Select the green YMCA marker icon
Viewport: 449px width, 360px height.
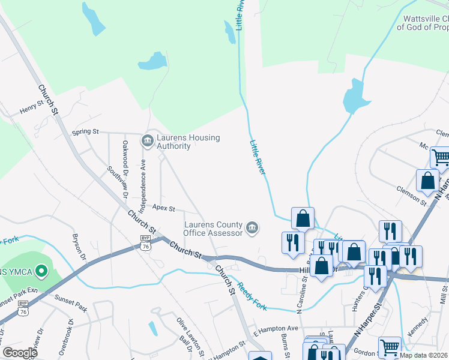click(41, 272)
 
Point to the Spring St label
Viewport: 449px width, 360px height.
click(85, 131)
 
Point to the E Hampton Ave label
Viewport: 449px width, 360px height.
click(276, 329)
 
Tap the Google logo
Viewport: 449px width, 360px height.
click(20, 353)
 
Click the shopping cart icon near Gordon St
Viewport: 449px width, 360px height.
click(390, 347)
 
